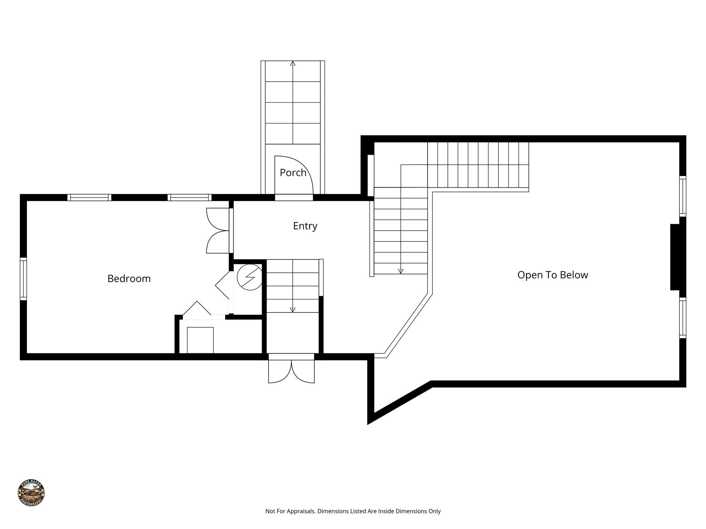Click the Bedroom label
(129, 279)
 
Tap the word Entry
(305, 226)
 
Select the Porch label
(293, 173)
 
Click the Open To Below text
(552, 275)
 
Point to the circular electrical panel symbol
(250, 277)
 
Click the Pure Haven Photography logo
(31, 493)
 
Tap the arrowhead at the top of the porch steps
(293, 63)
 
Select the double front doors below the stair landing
(291, 371)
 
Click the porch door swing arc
(303, 169)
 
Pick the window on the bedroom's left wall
(23, 279)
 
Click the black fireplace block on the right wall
(675, 257)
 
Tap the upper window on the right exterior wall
(683, 196)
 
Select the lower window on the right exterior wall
(683, 318)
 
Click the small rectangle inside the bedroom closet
(200, 340)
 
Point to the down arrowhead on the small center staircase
(293, 310)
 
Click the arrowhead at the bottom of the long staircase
(401, 271)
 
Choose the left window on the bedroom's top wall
(89, 197)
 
